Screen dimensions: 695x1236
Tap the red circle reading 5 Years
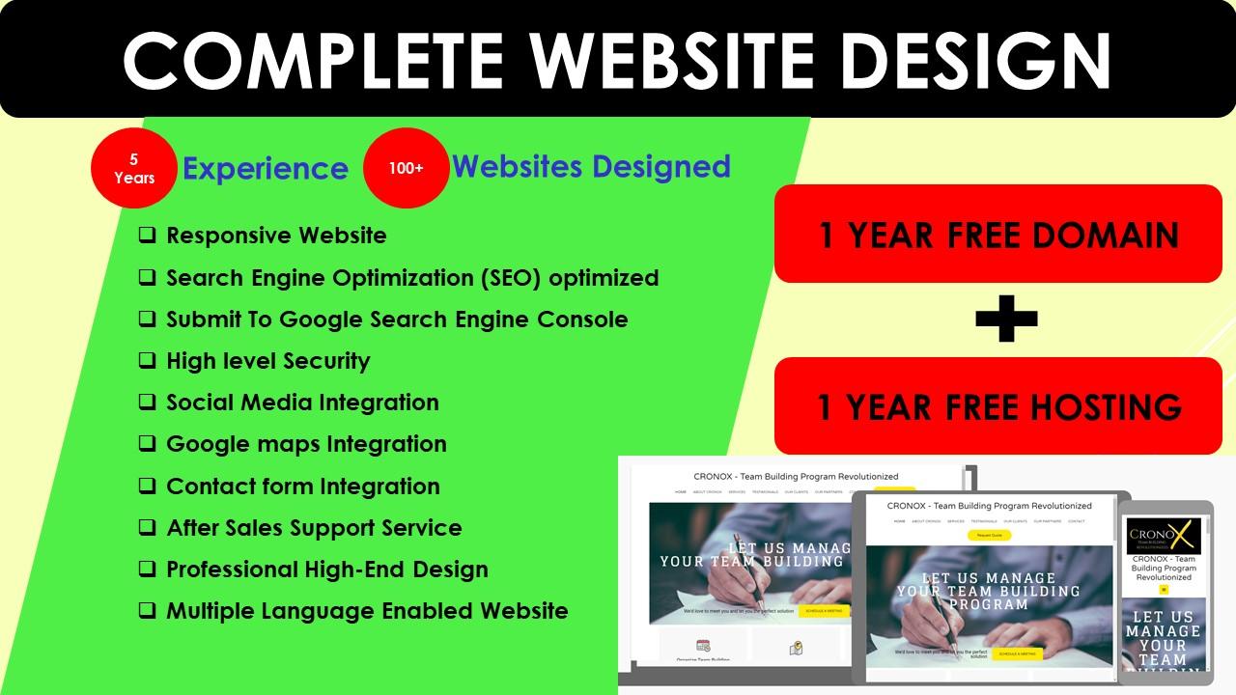134,169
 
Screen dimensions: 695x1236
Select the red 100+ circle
407,168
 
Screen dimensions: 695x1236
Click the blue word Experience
266,169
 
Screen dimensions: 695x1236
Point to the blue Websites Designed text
591,166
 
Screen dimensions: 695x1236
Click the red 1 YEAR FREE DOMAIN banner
998,235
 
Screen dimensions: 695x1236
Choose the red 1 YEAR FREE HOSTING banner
998,406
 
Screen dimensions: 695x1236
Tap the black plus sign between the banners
1006,320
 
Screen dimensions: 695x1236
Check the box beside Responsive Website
147,235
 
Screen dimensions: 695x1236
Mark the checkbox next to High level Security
147,360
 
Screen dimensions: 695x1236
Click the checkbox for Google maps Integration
147,443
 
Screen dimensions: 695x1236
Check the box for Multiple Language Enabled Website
147,610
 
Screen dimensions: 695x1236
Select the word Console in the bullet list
583,320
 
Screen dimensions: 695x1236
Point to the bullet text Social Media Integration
302,403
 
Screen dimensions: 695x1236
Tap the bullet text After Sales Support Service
314,528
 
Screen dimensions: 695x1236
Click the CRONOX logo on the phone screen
1164,536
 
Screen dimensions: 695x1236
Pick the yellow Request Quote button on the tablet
989,535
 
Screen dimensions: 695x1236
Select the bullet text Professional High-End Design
327,570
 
